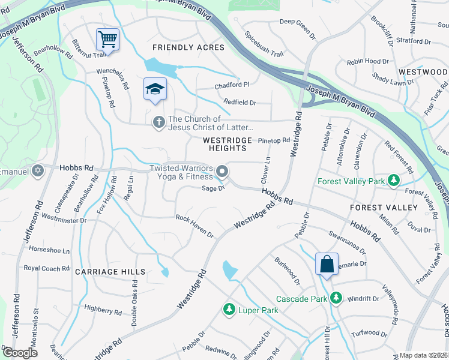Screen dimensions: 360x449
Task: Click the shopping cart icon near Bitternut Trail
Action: (x=107, y=40)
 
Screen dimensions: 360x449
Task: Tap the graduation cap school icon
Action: (x=155, y=89)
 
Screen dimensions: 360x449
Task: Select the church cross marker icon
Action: (x=159, y=122)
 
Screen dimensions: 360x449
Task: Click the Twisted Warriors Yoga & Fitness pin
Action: (x=222, y=172)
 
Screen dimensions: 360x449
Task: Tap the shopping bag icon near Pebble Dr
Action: (x=327, y=264)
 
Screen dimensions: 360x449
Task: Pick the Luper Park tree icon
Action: (x=229, y=310)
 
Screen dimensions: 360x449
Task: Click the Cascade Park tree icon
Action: (x=336, y=298)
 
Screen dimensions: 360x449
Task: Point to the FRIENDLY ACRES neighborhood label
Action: (x=188, y=47)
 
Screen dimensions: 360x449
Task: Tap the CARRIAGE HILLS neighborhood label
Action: (x=110, y=272)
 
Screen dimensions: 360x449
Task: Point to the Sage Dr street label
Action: (x=213, y=188)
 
